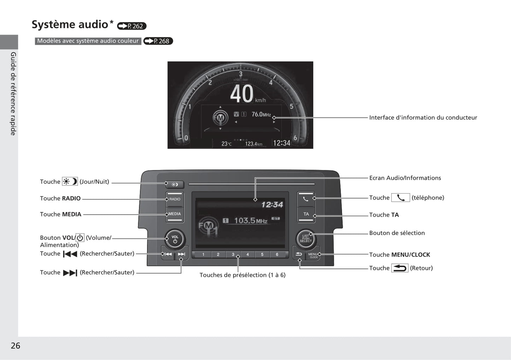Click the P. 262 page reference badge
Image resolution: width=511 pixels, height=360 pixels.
click(132, 26)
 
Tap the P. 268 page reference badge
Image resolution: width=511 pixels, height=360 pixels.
click(158, 41)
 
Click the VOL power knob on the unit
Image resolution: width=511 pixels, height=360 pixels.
click(175, 239)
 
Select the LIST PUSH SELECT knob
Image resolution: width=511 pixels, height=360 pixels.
click(306, 239)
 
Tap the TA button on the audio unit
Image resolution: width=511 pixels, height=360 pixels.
click(306, 214)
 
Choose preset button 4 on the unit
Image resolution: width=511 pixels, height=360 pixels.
click(248, 254)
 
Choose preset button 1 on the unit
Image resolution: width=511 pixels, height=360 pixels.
click(203, 254)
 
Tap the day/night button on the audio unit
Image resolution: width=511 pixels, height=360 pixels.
click(175, 184)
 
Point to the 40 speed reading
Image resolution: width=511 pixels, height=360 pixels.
click(242, 94)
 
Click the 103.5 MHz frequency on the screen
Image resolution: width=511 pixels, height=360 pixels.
click(251, 220)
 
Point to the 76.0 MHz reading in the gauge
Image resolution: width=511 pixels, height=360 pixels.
click(261, 114)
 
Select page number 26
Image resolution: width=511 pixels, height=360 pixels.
click(16, 346)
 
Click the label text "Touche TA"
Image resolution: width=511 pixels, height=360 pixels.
click(384, 215)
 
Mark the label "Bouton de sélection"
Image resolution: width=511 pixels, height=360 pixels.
click(397, 233)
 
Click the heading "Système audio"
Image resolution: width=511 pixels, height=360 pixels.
click(70, 24)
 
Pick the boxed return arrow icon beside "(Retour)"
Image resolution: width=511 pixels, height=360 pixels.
click(400, 268)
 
